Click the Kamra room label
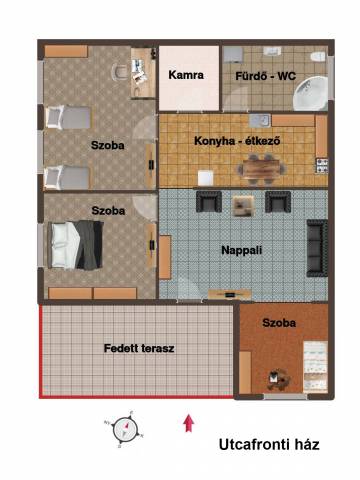click(x=186, y=75)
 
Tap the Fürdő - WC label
click(x=266, y=76)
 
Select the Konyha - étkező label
click(x=237, y=141)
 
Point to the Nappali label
click(x=242, y=250)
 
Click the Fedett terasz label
click(x=139, y=348)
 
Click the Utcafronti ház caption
click(x=269, y=444)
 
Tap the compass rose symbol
click(x=124, y=430)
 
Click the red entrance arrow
click(x=189, y=423)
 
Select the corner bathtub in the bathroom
click(x=310, y=93)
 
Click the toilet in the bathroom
click(x=318, y=56)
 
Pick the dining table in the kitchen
click(x=262, y=169)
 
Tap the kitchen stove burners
click(x=322, y=166)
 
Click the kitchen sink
click(x=259, y=121)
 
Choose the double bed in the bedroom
click(x=75, y=245)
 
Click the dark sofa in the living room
click(x=317, y=248)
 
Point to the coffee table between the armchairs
click(x=243, y=206)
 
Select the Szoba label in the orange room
click(x=279, y=323)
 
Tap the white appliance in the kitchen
click(x=205, y=178)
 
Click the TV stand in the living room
click(x=230, y=295)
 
